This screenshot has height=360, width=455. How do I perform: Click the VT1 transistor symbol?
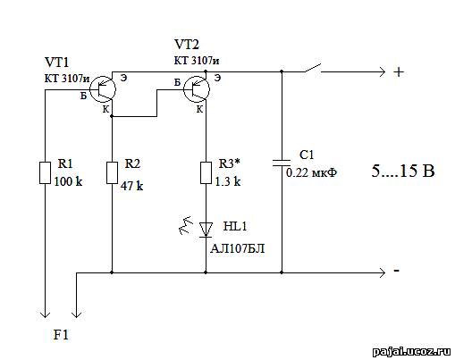103,88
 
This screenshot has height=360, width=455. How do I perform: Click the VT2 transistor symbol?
197,88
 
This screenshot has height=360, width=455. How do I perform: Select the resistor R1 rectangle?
45,172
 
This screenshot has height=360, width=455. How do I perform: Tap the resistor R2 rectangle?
112,172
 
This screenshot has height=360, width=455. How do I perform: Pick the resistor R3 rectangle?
206,172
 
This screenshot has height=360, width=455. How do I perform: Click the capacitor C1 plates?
282,163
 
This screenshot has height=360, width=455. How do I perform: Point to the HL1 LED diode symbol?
206,230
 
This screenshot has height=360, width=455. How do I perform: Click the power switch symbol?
313,68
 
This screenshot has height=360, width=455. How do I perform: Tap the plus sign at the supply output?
399,72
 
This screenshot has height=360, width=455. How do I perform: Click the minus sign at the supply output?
397,271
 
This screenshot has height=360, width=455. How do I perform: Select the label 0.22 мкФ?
312,172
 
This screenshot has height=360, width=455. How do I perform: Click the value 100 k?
68,181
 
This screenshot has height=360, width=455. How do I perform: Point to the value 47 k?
131,186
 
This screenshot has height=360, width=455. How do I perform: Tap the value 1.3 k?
228,181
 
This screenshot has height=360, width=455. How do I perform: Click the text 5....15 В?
403,171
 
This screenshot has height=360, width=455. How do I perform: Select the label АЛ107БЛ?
238,248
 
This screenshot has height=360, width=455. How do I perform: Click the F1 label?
61,335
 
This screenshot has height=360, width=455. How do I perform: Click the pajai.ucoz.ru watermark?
412,352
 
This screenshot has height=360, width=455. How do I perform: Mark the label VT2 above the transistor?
187,45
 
